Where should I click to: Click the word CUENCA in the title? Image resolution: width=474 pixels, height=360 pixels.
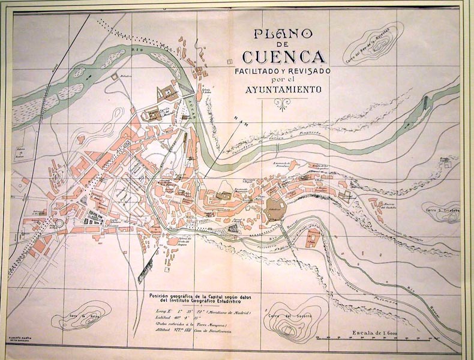point(284,58)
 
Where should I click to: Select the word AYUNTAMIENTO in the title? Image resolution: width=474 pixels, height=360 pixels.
point(283,90)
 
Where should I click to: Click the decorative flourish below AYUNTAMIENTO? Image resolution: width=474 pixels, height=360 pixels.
point(283,103)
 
